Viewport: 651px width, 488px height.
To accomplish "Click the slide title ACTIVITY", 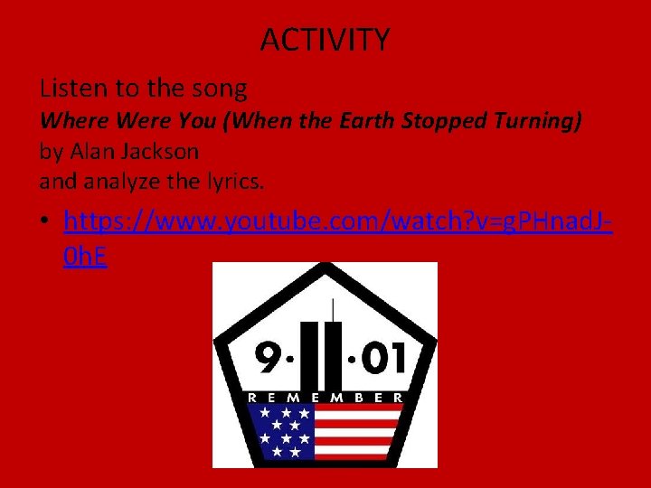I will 325,40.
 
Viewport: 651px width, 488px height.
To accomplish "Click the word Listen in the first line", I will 69,89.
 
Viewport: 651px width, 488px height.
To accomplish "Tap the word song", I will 221,89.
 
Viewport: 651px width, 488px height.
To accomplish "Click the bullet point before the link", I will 46,222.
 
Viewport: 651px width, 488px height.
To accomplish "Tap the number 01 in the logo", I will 383,360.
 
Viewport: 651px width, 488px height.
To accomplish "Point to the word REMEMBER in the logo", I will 325,396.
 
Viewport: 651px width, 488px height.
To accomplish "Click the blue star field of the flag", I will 281,430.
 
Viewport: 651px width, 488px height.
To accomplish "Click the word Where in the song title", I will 71,119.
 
